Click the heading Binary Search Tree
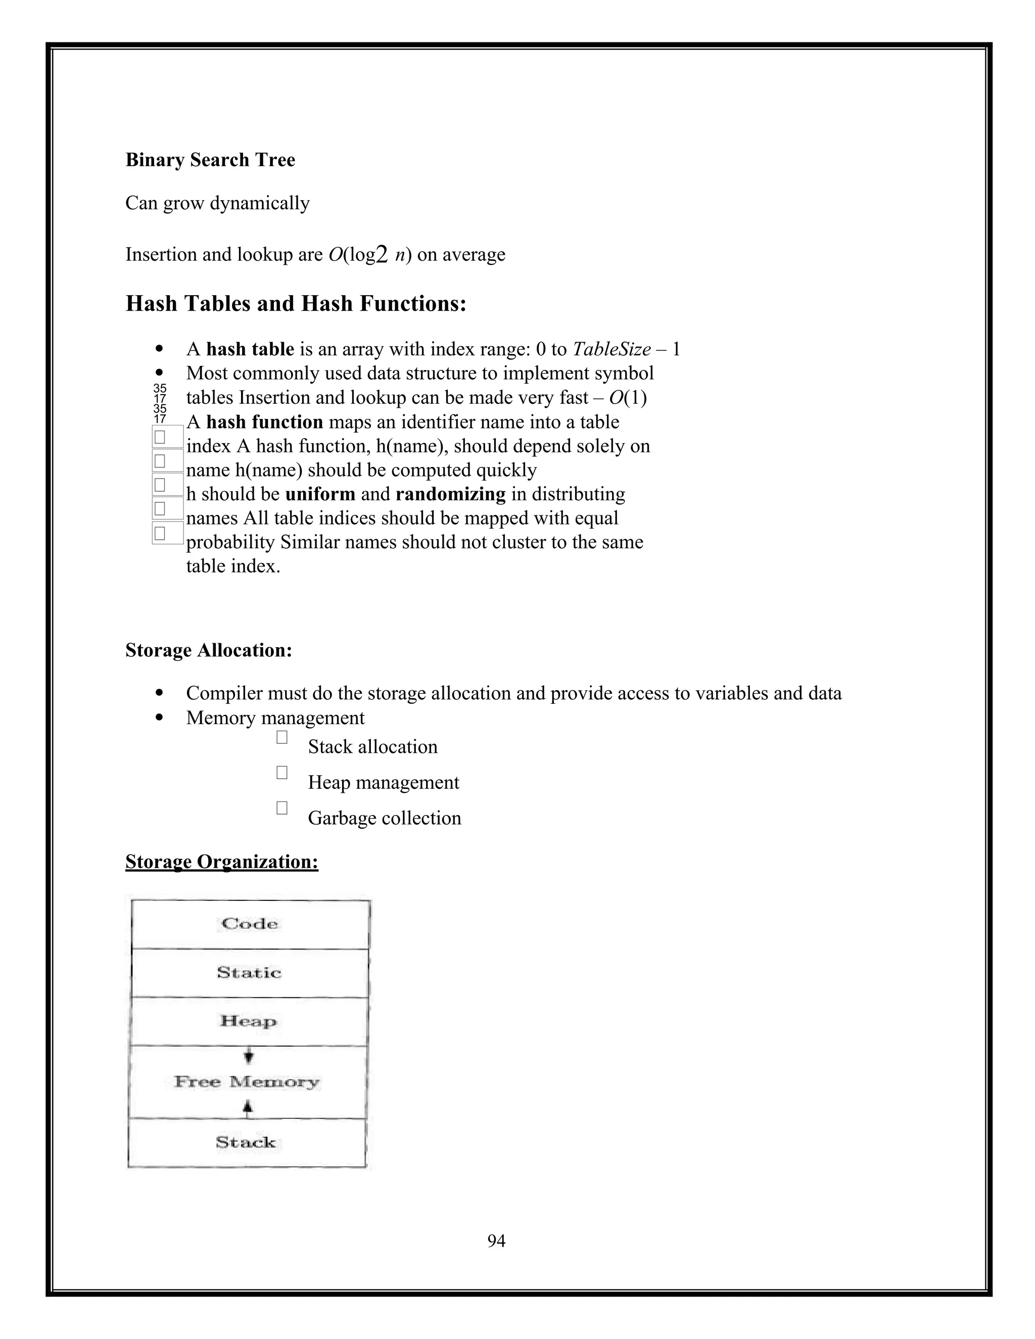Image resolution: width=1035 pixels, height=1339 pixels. pos(210,160)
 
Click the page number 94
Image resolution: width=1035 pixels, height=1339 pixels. pos(496,1241)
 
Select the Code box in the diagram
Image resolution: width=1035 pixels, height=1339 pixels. pos(250,924)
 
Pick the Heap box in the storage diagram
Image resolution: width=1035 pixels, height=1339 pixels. pos(248,1021)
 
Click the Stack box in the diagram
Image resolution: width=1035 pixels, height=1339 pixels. pos(246,1142)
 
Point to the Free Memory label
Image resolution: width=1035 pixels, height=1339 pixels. pos(247,1081)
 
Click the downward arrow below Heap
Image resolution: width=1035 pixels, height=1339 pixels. pos(248,1057)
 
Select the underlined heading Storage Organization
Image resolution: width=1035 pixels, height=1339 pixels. pos(221,862)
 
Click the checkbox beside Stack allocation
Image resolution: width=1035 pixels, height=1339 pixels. pos(282,738)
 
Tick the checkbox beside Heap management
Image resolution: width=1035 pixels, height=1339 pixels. pos(282,773)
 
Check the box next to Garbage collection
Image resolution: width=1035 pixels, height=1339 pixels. pos(282,808)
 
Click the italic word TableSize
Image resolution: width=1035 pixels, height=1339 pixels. pos(611,350)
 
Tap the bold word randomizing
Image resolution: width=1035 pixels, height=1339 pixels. pos(451,494)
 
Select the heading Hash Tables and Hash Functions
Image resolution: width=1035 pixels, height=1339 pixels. pos(296,304)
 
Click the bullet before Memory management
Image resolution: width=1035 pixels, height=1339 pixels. pos(159,718)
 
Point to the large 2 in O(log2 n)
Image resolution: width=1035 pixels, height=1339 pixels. pos(382,255)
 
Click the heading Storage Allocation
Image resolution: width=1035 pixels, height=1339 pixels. pos(209,650)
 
